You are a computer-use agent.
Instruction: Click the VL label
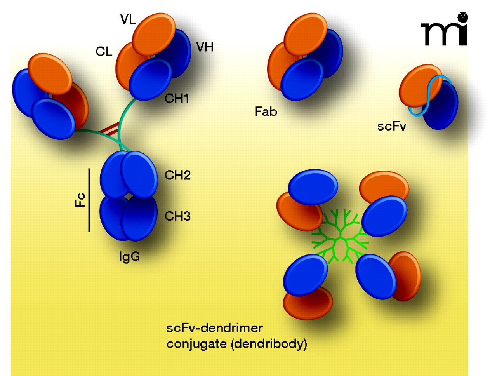coord(128,19)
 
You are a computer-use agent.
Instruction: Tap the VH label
coord(205,47)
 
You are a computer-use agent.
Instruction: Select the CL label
coord(104,52)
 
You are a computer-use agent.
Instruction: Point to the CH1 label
coord(177,99)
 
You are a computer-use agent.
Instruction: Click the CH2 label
coord(177,175)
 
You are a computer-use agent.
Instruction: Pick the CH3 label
coord(177,216)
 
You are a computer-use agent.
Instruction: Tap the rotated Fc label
coord(80,200)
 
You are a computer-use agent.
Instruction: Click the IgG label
coord(129,256)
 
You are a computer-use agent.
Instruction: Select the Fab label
coord(266,112)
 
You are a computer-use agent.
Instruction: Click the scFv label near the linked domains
coord(391,126)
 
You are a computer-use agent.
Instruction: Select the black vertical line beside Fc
coord(89,200)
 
